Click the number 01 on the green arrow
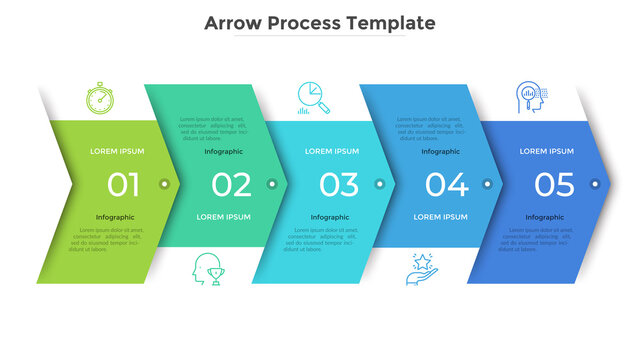click(124, 184)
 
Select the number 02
click(231, 184)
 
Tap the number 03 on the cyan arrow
click(339, 184)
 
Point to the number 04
click(446, 184)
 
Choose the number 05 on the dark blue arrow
click(554, 184)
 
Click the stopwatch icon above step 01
click(100, 99)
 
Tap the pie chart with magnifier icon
click(314, 97)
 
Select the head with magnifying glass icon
click(530, 98)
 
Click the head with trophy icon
click(208, 267)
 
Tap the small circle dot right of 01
click(164, 184)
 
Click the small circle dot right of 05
click(596, 184)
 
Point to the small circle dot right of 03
click(379, 184)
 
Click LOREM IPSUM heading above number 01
click(117, 151)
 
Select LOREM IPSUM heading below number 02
click(224, 216)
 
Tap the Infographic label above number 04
click(440, 151)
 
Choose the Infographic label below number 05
click(545, 216)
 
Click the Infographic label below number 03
click(330, 216)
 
